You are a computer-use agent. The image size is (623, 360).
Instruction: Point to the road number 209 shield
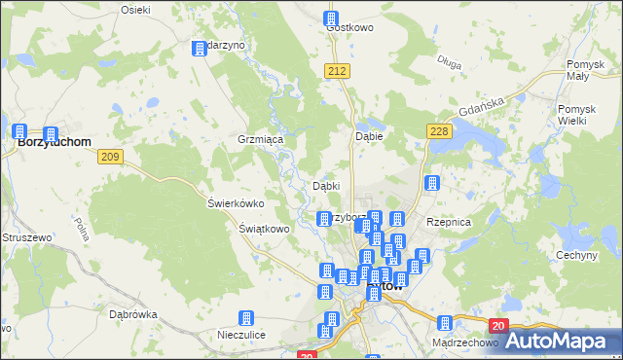tap(110, 156)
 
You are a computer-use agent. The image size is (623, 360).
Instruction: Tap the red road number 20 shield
tap(497, 326)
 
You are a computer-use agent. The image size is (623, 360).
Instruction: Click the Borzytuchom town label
tap(55, 141)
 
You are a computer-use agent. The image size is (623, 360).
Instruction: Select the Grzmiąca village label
tap(260, 140)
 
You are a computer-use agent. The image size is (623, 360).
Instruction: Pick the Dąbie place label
tap(369, 137)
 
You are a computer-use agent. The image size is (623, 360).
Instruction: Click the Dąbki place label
tap(325, 186)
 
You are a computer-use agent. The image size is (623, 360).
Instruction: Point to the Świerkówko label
tap(237, 203)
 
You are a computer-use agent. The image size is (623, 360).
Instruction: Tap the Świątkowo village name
tap(265, 229)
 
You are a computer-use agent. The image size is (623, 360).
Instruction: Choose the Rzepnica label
tap(449, 222)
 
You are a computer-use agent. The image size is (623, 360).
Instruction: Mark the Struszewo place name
tap(26, 237)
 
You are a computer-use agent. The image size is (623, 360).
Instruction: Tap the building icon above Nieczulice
tap(246, 318)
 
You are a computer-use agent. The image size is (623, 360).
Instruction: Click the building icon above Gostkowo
tap(331, 18)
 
